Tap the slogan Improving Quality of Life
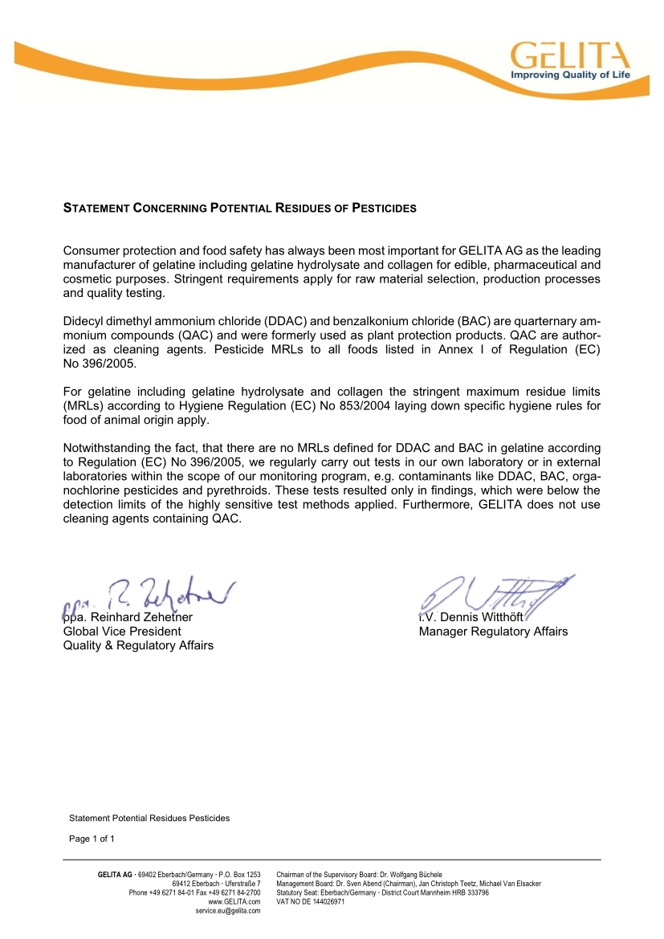[571, 75]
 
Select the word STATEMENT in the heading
[96, 209]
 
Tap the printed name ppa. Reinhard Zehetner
[128, 617]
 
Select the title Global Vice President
[122, 632]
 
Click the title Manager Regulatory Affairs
[493, 632]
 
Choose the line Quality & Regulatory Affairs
[138, 645]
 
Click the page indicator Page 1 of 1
[92, 839]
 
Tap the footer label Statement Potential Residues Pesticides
[149, 818]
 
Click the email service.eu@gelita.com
[228, 912]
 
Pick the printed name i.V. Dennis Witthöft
[471, 617]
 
